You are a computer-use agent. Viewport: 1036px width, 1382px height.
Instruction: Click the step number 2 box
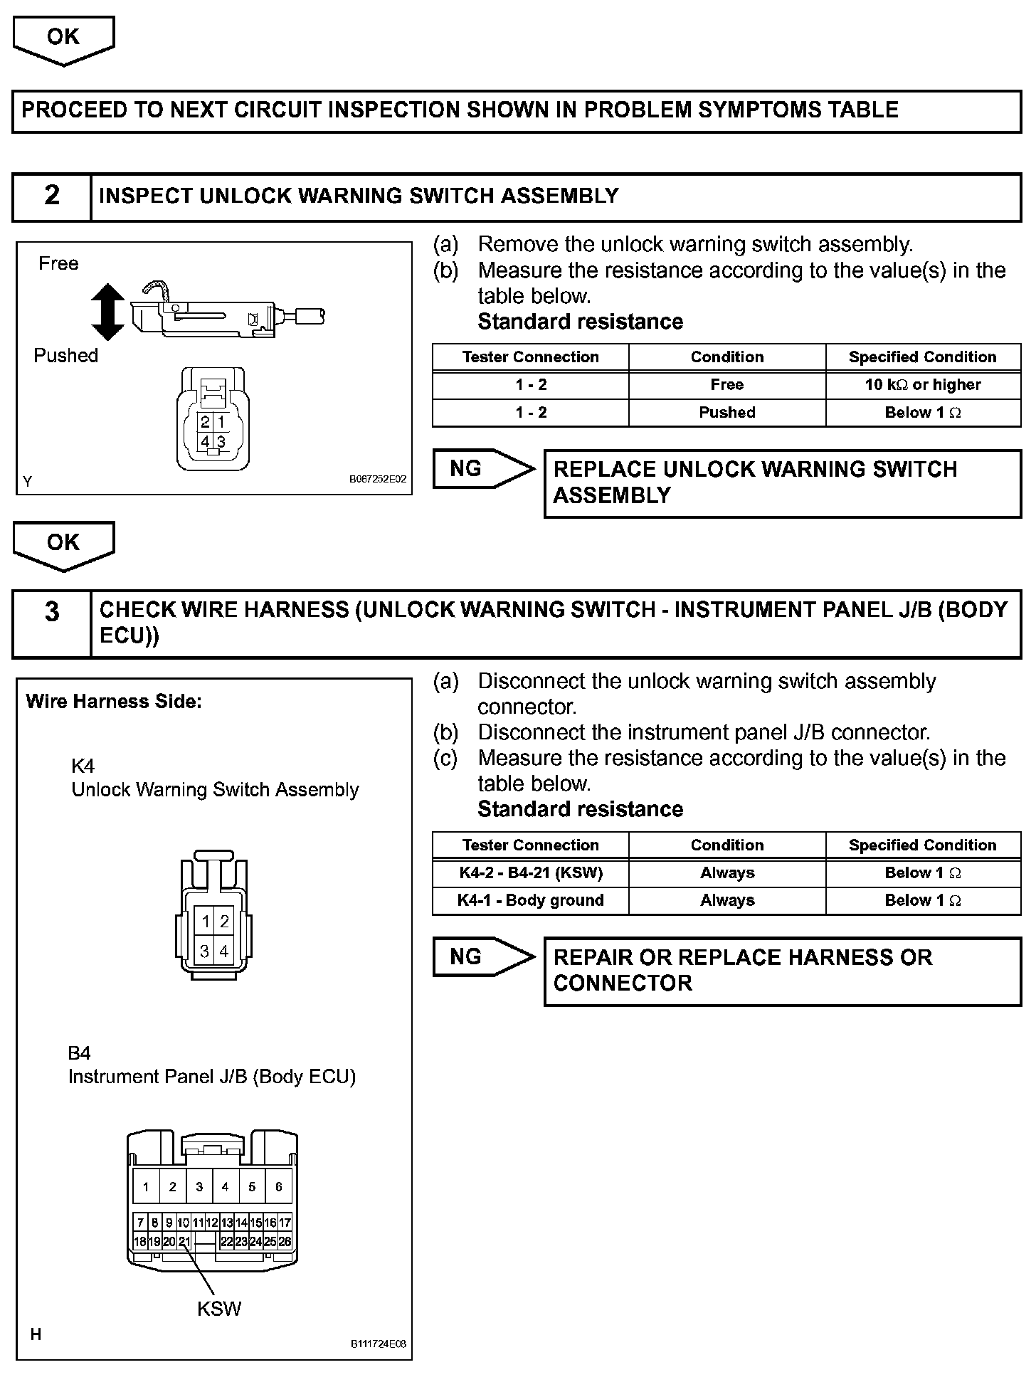[x=52, y=196]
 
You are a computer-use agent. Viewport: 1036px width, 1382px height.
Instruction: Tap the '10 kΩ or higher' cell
[x=923, y=385]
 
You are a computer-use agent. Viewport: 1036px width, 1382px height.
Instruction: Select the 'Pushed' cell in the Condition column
[x=726, y=413]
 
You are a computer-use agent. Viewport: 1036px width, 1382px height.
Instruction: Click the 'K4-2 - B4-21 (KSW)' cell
[x=531, y=873]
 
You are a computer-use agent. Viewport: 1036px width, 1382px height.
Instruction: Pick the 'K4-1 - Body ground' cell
[x=531, y=901]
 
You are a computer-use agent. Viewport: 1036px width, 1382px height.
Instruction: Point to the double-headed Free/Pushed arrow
[x=108, y=312]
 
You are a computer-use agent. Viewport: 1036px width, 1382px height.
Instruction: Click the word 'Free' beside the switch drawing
[x=58, y=264]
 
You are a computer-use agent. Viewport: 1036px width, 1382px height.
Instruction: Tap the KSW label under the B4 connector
[x=219, y=1309]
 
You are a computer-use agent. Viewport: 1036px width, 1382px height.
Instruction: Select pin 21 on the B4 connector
[x=184, y=1242]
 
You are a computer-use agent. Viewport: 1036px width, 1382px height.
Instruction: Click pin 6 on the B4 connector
[x=278, y=1187]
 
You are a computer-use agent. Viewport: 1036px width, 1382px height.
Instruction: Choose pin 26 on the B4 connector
[x=285, y=1242]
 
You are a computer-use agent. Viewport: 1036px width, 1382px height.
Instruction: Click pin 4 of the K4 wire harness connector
[x=223, y=951]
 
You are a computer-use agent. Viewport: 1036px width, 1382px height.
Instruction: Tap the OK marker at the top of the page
[x=63, y=39]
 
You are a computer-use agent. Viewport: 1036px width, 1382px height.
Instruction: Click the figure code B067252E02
[x=377, y=480]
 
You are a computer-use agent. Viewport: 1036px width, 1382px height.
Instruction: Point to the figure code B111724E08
[x=377, y=1344]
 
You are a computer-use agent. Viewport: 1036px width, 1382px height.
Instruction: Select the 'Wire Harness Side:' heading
[x=114, y=702]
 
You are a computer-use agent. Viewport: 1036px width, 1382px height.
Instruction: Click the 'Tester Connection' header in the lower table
[x=531, y=845]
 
